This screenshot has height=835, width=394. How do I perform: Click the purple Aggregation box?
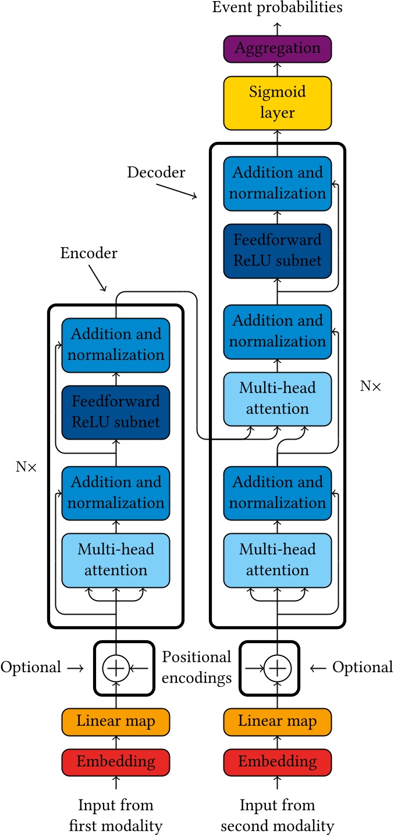(x=277, y=48)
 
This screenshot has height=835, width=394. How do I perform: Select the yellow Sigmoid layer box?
(x=277, y=103)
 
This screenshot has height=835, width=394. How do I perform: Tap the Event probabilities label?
(x=277, y=8)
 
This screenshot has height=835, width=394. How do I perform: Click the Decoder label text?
(x=156, y=173)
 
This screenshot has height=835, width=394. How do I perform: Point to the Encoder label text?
(x=88, y=254)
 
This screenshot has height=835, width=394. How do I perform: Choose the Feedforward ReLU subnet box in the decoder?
(x=277, y=251)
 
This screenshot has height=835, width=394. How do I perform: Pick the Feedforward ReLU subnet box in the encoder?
(x=116, y=412)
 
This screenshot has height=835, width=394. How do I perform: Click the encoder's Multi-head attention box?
(x=116, y=560)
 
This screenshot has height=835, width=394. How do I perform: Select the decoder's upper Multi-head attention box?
(x=277, y=398)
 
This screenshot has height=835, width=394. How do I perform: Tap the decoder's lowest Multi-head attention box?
(x=277, y=560)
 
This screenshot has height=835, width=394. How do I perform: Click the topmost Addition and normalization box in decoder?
(x=277, y=183)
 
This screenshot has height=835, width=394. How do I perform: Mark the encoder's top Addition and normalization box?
(x=116, y=344)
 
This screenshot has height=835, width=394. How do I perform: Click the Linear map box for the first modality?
(x=116, y=722)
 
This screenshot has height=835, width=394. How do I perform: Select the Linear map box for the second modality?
(x=277, y=722)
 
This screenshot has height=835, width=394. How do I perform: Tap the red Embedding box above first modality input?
(x=116, y=762)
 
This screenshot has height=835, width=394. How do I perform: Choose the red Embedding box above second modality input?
(x=277, y=762)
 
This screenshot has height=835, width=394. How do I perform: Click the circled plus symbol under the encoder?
(x=116, y=668)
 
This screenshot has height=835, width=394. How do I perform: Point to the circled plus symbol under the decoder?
(x=277, y=668)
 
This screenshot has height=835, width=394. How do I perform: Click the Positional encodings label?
(x=196, y=668)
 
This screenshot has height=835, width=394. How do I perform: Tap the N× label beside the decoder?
(x=370, y=386)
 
